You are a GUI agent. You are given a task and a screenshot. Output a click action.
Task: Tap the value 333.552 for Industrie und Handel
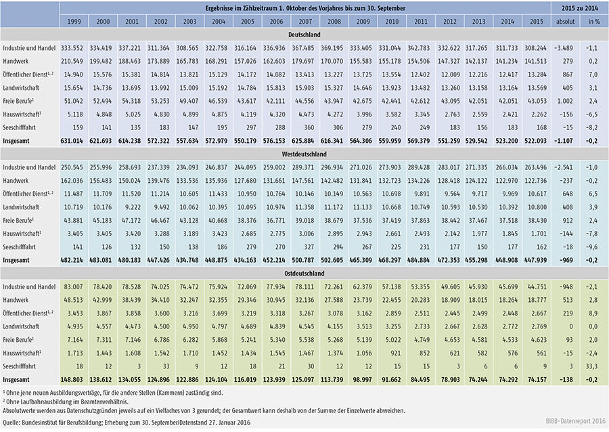(x=74, y=48)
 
